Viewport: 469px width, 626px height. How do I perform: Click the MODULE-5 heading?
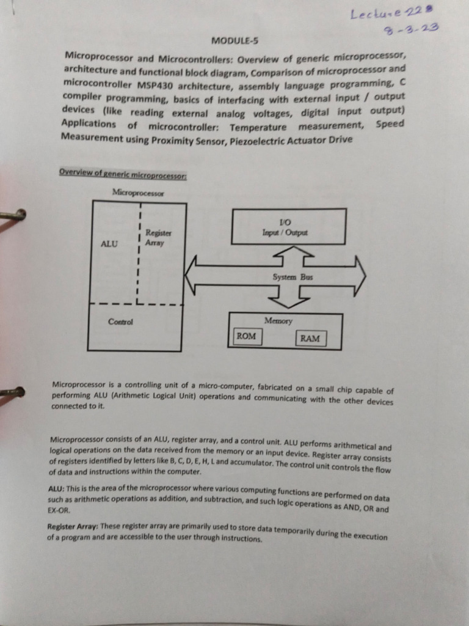[x=234, y=41]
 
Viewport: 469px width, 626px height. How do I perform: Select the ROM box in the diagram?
[x=246, y=336]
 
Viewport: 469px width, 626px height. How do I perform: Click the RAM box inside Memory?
[x=310, y=338]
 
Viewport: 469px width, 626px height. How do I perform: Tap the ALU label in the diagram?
[x=109, y=243]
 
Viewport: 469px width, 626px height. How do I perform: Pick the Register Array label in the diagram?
[x=158, y=238]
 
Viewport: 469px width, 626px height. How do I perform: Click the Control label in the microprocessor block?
[x=120, y=322]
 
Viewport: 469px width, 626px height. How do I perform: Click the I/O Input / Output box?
[x=288, y=227]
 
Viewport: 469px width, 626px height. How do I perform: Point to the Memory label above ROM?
[x=278, y=321]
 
